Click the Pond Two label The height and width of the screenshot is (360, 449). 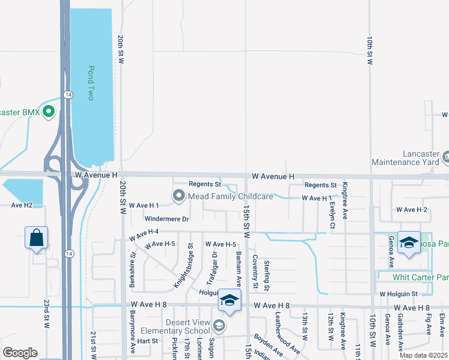tap(91, 83)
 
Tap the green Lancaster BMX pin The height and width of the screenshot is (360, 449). tap(49, 112)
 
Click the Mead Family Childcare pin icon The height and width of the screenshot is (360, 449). tap(179, 196)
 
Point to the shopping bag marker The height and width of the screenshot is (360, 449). tap(37, 238)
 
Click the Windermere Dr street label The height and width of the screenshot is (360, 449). tap(166, 220)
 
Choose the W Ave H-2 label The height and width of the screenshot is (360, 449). tap(411, 209)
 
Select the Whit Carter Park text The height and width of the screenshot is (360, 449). tap(420, 277)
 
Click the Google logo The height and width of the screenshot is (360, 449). tap(20, 352)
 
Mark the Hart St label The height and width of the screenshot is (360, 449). tap(147, 340)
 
